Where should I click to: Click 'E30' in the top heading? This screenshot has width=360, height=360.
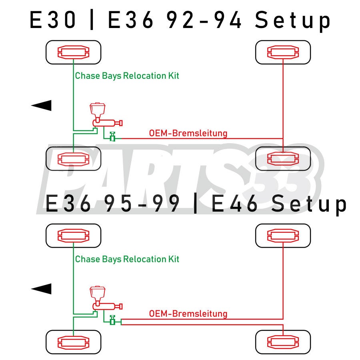click(x=53, y=20)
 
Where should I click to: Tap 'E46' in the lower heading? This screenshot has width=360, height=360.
click(x=234, y=204)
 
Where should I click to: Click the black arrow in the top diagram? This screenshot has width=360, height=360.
click(x=42, y=105)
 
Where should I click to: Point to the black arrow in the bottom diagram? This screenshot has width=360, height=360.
click(x=42, y=288)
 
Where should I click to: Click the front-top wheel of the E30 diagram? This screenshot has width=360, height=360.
click(x=74, y=52)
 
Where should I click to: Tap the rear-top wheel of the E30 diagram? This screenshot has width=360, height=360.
click(x=283, y=52)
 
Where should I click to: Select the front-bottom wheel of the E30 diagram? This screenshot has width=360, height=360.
click(x=74, y=159)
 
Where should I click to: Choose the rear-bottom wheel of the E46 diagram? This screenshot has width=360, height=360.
click(x=283, y=342)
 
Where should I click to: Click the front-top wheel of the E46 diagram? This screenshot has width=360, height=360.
click(x=74, y=235)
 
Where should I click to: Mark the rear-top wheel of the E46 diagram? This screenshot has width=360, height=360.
click(x=283, y=235)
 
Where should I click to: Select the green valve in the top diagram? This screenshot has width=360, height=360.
click(x=113, y=137)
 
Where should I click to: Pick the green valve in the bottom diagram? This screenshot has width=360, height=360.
click(x=113, y=320)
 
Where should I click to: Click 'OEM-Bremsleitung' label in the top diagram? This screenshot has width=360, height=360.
click(x=188, y=133)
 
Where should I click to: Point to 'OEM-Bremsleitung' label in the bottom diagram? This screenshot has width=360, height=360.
click(x=188, y=314)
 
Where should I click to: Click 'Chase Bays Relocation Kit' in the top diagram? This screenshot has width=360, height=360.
click(x=127, y=76)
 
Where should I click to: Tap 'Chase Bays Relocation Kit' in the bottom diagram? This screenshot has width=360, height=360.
click(x=127, y=259)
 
